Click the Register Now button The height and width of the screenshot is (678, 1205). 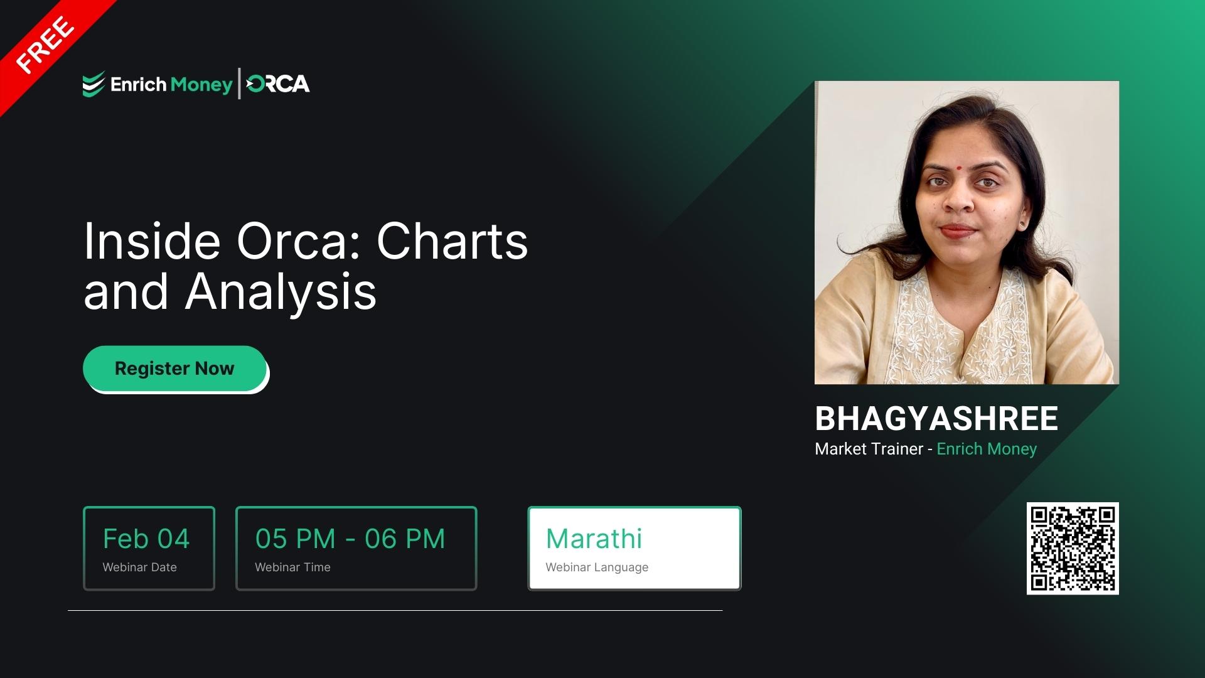click(174, 369)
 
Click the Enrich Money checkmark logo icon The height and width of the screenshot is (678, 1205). click(93, 85)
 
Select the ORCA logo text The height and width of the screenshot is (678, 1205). click(278, 84)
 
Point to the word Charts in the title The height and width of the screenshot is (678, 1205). click(452, 242)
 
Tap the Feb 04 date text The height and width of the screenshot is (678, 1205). click(146, 539)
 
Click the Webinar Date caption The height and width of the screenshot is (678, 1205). click(139, 567)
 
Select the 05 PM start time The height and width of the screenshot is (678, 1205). click(295, 539)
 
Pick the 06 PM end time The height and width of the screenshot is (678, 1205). click(405, 539)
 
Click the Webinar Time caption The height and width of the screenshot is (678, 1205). click(292, 567)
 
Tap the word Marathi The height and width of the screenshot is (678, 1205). click(594, 539)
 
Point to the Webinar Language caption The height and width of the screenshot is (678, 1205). click(597, 567)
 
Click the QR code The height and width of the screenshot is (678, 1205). click(1073, 548)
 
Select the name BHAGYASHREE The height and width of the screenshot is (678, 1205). click(936, 419)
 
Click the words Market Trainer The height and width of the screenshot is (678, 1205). click(869, 449)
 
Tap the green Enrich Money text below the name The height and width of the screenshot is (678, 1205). click(987, 449)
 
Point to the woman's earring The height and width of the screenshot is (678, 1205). click(1023, 223)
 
